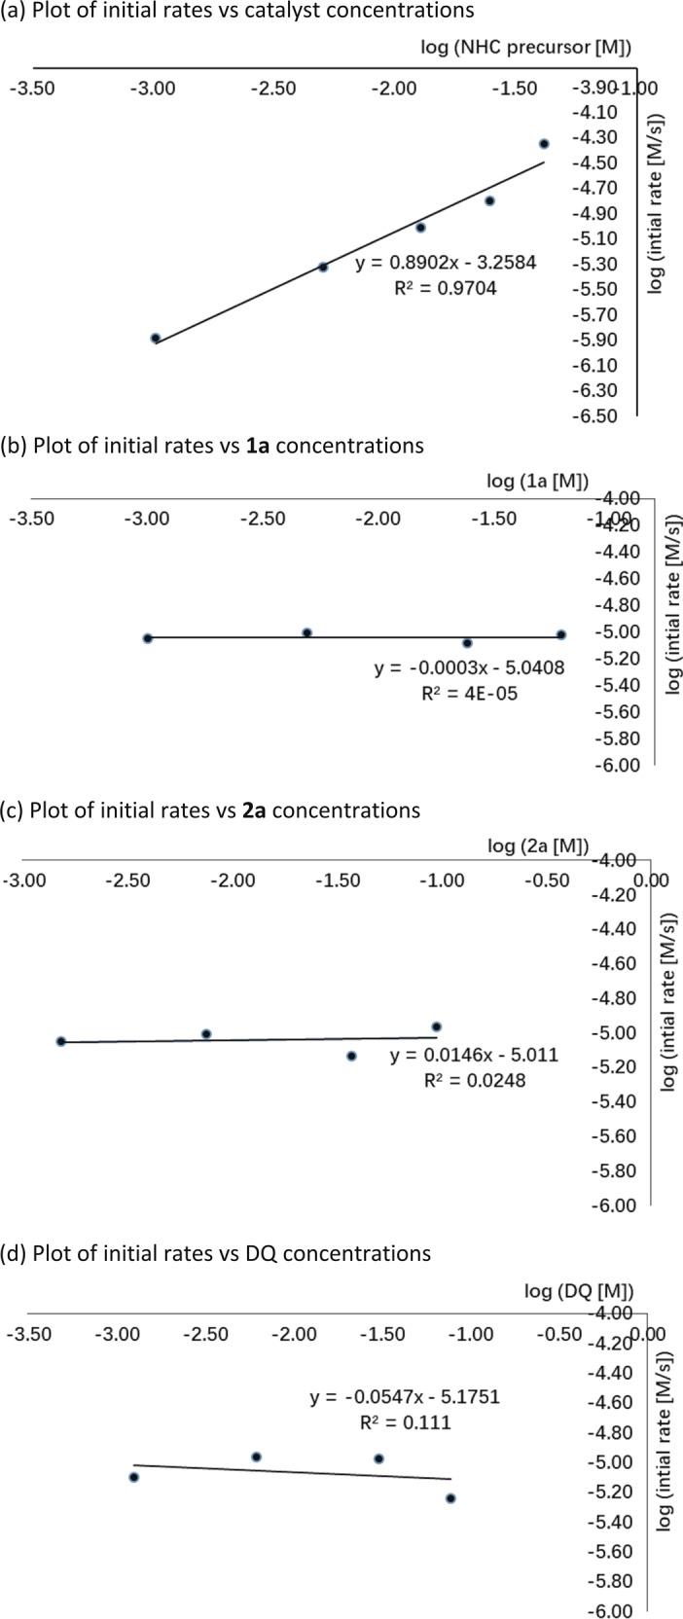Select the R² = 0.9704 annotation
click(441, 288)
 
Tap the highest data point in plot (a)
click(544, 144)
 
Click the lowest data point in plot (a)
click(156, 338)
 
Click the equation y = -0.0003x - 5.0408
click(469, 667)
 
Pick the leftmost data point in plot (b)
click(148, 638)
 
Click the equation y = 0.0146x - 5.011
click(474, 1055)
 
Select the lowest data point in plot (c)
click(351, 1056)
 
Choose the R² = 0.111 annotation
click(405, 1422)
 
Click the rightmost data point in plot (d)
click(450, 1498)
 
